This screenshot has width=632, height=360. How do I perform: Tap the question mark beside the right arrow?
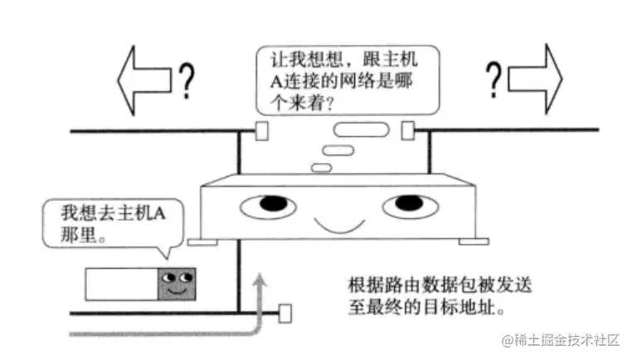click(x=494, y=79)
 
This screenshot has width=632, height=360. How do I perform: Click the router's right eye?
click(x=410, y=204)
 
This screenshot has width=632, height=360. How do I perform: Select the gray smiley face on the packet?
click(x=177, y=284)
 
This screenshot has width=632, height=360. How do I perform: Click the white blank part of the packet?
click(x=121, y=284)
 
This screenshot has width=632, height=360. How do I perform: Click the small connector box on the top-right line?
click(x=408, y=130)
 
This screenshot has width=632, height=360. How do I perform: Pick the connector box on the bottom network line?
click(x=287, y=314)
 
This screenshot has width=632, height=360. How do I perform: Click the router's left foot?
click(x=204, y=243)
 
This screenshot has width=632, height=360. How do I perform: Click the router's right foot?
click(x=469, y=242)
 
